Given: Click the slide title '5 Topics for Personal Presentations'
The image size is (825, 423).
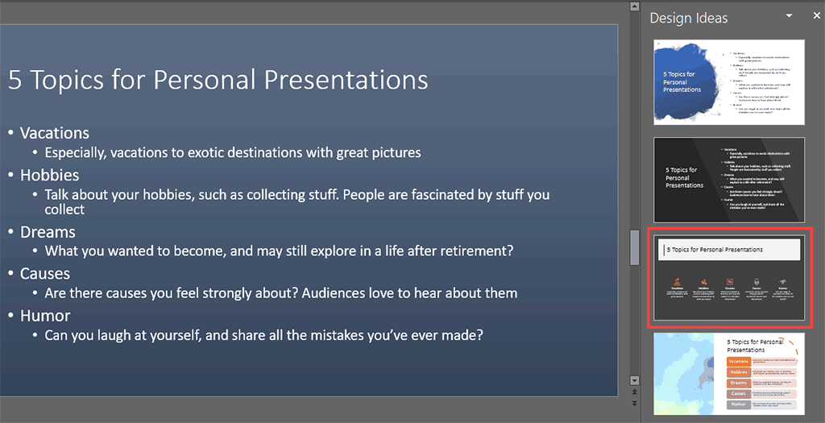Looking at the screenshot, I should (x=218, y=80).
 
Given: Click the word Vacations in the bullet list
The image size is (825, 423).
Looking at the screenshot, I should (x=54, y=133).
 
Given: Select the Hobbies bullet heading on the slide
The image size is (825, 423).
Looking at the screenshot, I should (x=49, y=175).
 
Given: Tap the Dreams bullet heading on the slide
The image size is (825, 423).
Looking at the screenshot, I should (x=48, y=232).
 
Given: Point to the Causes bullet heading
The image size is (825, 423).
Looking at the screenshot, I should (x=45, y=274).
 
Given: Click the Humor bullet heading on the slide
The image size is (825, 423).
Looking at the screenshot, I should (x=45, y=316).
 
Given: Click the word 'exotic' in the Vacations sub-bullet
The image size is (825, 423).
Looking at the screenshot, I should (x=214, y=152).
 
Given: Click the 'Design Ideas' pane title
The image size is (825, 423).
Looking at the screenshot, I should (x=688, y=18).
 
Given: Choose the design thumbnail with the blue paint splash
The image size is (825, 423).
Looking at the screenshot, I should (x=728, y=82).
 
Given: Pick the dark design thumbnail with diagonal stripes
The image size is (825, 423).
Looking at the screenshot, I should (x=728, y=180).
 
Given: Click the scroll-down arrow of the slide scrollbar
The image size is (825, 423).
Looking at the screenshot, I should (x=634, y=380).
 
